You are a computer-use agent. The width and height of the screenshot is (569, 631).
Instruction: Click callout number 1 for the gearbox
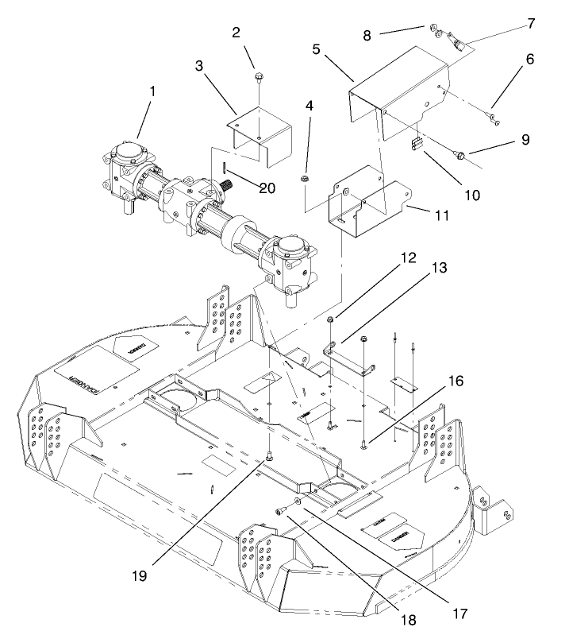click(152, 92)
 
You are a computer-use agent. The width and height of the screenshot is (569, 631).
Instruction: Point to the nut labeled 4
click(306, 179)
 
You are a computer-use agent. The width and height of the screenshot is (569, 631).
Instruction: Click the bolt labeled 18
click(282, 511)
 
